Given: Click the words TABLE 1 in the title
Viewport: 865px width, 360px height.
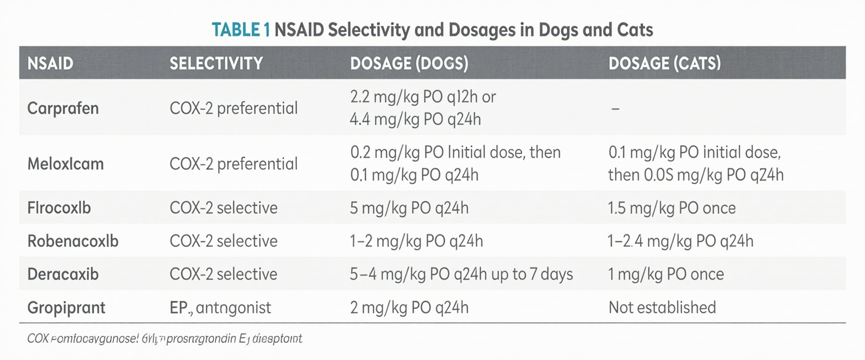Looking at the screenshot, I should pos(240,29).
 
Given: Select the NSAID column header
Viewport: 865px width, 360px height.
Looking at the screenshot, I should pos(50,63).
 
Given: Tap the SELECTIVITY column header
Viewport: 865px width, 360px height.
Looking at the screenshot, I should pos(216,63).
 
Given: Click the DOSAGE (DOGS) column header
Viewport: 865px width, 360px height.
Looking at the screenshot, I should pos(409,63).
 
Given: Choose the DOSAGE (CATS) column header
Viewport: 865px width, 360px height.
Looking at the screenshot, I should pos(665,63).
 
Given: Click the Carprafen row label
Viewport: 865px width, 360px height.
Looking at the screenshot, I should pos(63,107).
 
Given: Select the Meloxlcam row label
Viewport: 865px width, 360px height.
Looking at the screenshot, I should pos(65,164).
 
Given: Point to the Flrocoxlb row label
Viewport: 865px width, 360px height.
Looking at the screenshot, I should pos(59,208).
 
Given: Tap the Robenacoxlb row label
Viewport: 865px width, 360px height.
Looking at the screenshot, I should pos(73,241).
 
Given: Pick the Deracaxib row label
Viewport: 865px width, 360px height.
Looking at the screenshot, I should pos(63,274).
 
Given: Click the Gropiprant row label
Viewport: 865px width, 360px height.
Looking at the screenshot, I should pos(66,308).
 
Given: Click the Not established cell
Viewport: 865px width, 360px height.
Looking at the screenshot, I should pos(662,308).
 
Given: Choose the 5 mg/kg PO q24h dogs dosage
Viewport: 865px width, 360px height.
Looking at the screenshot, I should pos(409,208).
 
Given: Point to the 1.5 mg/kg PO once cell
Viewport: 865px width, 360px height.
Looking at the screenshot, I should pos(672,208).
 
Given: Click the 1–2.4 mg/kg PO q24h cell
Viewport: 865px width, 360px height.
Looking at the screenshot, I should pos(681,241).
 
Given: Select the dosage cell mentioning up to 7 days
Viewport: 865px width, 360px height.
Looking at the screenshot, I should pos(461,274).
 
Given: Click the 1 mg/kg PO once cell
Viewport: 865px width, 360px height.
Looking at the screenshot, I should pos(666,274).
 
